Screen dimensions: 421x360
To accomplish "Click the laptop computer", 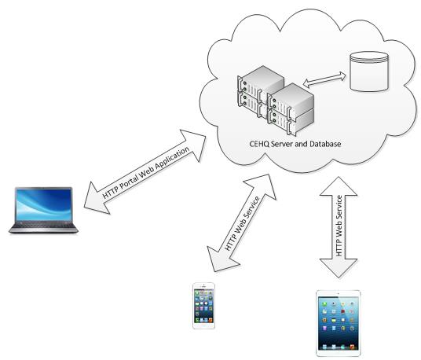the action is tap(43, 210).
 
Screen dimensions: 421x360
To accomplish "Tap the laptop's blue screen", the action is tap(43, 204).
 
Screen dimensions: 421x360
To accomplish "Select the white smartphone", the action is tap(203, 306).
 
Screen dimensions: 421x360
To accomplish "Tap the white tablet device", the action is tap(339, 323).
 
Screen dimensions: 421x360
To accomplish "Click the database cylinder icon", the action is tap(369, 72).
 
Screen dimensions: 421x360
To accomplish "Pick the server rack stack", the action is tap(276, 101).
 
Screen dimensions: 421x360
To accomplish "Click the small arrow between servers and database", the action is tap(324, 80).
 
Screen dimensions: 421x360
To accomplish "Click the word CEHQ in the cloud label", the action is tap(259, 144).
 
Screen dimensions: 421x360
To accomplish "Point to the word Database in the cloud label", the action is tap(325, 144).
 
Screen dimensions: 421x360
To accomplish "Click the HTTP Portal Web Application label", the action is tap(146, 172).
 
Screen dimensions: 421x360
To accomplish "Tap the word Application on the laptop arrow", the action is tap(173, 159).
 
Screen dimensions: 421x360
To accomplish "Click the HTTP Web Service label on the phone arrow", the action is tap(242, 223).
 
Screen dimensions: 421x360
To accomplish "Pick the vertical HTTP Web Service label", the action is tap(339, 226).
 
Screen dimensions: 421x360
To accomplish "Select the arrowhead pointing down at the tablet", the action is tap(339, 267).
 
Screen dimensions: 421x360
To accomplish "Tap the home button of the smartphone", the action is tap(203, 326).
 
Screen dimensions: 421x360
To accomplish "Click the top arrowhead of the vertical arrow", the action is tap(339, 186).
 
